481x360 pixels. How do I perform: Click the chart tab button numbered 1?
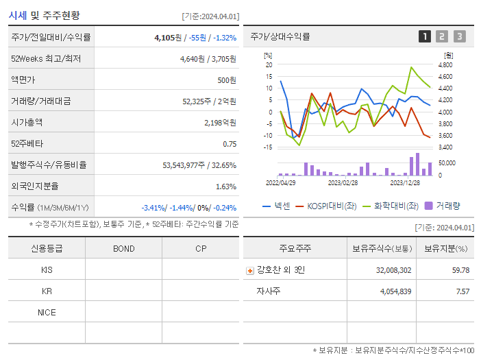(425, 36)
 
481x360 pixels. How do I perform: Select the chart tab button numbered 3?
(459, 36)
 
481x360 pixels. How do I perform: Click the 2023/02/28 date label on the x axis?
(343, 183)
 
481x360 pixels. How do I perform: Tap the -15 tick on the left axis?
(268, 147)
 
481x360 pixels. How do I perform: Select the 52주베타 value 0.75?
(230, 144)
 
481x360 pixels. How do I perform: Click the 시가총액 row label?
(27, 123)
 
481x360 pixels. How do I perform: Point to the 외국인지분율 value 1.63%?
(225, 187)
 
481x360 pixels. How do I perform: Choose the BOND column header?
(123, 248)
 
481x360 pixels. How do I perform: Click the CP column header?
(201, 248)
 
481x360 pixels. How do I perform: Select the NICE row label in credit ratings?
(47, 313)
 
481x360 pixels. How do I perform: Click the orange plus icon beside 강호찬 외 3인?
(249, 270)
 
